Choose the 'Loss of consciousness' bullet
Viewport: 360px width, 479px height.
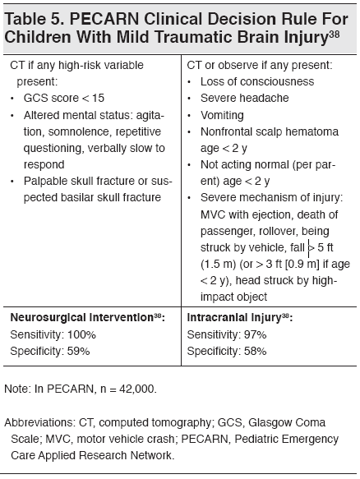[x=250, y=81]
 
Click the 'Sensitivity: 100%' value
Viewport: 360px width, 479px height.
[x=53, y=334]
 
